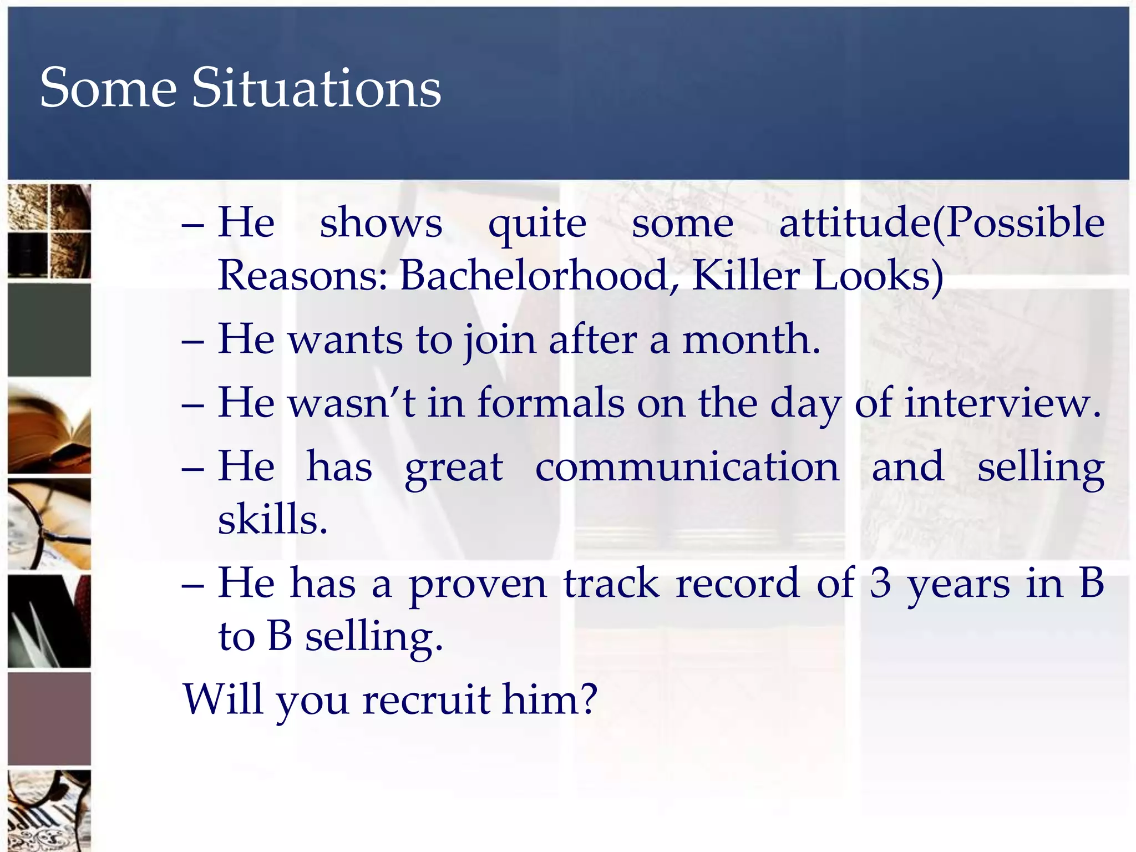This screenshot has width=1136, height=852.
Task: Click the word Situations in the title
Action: click(x=316, y=88)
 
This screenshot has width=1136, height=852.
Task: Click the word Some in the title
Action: click(x=108, y=88)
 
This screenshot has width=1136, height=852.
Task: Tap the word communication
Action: click(x=687, y=467)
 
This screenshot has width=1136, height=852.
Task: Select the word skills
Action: click(x=272, y=520)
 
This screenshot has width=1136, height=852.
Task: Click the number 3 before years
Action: click(x=880, y=584)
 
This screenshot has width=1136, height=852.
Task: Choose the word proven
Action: click(x=478, y=585)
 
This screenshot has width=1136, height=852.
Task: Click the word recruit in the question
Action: click(x=426, y=700)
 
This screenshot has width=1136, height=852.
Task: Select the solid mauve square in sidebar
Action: click(x=49, y=719)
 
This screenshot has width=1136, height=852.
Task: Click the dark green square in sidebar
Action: click(x=49, y=329)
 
